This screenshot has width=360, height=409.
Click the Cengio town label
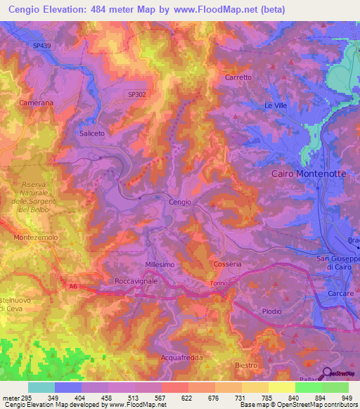[x=180, y=202]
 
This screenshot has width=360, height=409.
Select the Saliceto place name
[x=92, y=133]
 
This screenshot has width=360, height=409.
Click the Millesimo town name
[x=159, y=264]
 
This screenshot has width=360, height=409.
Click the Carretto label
[x=238, y=77]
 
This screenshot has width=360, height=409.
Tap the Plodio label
[x=271, y=311]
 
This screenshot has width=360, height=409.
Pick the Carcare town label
[x=340, y=293]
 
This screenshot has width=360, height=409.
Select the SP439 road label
[x=42, y=46]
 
